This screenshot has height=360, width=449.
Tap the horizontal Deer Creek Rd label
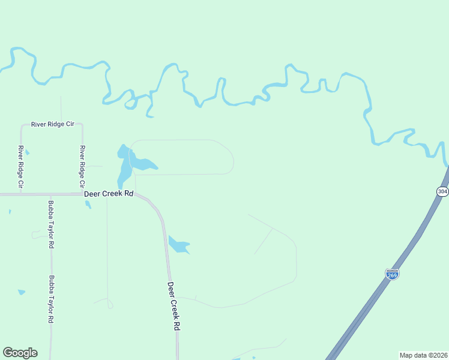point(108,194)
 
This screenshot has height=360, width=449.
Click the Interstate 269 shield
point(392,274)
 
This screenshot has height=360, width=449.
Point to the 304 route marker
point(442,191)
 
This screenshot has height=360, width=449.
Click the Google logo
point(20,353)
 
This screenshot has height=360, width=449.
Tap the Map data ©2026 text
point(423,355)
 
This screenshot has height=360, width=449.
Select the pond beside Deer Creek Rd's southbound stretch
point(178,244)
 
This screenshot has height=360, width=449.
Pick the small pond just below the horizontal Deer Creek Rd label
point(88,205)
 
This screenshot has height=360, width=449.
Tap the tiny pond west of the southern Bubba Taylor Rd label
point(22,292)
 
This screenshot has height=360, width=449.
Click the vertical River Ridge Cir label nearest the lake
point(82,167)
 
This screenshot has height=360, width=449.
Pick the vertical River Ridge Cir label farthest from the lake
point(20,167)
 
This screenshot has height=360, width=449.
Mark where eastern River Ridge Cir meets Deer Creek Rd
point(82,194)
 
